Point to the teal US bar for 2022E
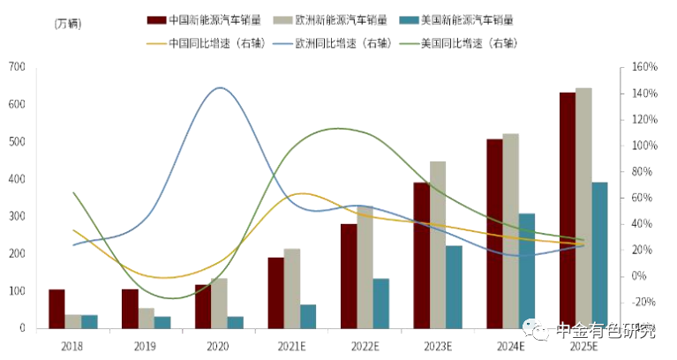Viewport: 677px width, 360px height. [380, 304]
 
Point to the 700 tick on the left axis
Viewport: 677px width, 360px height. [16, 67]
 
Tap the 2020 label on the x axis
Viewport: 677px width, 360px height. [219, 345]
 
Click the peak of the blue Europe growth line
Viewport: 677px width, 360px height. [218, 87]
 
